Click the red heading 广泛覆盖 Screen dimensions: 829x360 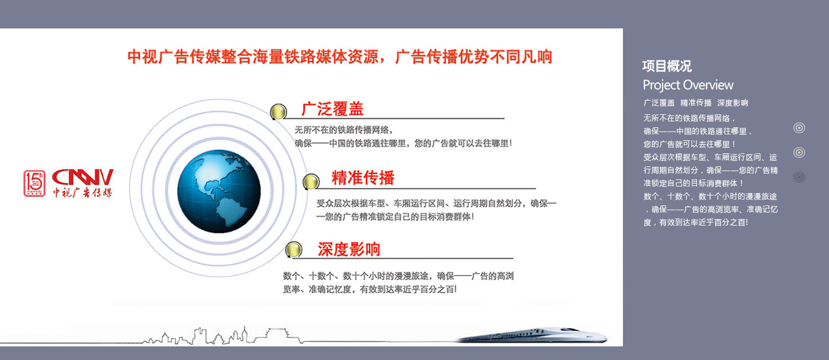pyautogui.click(x=332, y=109)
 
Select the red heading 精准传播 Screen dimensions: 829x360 pyautogui.click(x=362, y=178)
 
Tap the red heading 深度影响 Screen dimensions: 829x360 pyautogui.click(x=349, y=249)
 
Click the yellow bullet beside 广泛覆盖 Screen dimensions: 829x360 pyautogui.click(x=278, y=112)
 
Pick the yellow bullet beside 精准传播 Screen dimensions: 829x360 pyautogui.click(x=310, y=181)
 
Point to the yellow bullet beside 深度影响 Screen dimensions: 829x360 pyautogui.click(x=294, y=249)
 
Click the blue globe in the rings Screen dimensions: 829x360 pyautogui.click(x=219, y=191)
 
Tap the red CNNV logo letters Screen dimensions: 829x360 pyautogui.click(x=82, y=177)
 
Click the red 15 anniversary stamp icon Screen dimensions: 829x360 pyautogui.click(x=34, y=183)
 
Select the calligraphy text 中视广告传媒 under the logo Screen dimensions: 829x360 pyautogui.click(x=82, y=192)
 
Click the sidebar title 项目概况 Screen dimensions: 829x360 pyautogui.click(x=667, y=66)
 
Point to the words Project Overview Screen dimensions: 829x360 pyautogui.click(x=688, y=85)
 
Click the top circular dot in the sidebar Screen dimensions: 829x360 pyautogui.click(x=799, y=128)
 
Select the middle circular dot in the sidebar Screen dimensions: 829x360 pyautogui.click(x=799, y=152)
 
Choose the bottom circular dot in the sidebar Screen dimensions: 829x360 pyautogui.click(x=799, y=177)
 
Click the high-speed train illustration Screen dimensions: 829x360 pyautogui.click(x=533, y=335)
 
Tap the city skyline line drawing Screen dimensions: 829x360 pyautogui.click(x=222, y=336)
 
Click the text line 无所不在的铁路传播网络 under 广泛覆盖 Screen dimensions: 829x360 pyautogui.click(x=343, y=130)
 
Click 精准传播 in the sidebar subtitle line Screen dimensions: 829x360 pyautogui.click(x=696, y=103)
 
